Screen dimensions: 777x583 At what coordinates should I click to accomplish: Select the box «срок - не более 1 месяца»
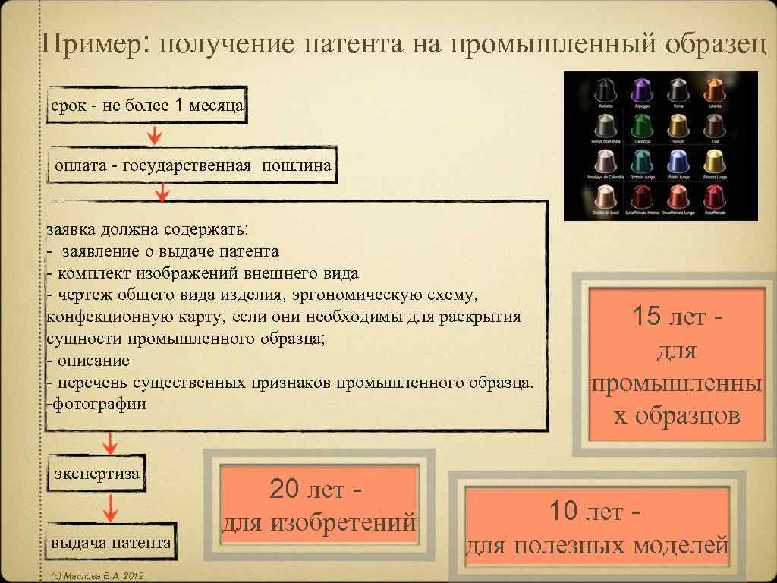[147, 106]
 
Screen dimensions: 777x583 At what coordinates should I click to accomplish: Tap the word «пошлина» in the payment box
[297, 165]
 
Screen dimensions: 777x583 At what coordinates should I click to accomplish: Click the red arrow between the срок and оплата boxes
[154, 135]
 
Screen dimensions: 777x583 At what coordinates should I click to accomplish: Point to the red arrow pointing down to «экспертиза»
[110, 442]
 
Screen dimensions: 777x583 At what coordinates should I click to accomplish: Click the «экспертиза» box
[97, 474]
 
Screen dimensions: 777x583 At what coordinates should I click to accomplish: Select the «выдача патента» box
[112, 543]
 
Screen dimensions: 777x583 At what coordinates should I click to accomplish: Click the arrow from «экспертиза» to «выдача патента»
[110, 507]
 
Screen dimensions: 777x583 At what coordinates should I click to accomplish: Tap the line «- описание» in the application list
[89, 360]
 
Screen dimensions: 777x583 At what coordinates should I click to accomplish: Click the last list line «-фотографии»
[97, 404]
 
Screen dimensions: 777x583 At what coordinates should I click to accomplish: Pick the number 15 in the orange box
[646, 316]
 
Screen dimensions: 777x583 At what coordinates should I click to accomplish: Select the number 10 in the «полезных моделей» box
[565, 512]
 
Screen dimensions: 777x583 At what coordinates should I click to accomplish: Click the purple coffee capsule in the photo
[641, 90]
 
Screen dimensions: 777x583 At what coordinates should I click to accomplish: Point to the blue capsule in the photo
[678, 161]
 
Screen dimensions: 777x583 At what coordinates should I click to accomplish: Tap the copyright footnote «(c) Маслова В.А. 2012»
[96, 577]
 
